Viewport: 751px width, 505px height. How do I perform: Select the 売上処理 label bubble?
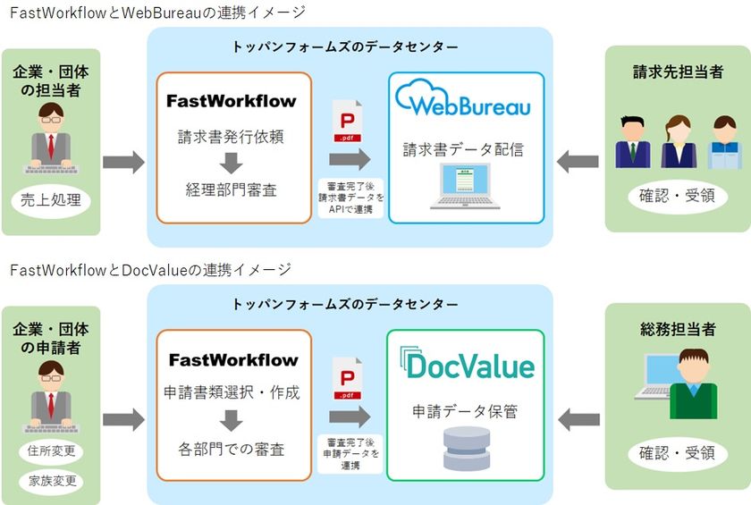point(51,200)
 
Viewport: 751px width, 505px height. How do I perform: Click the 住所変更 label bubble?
point(51,450)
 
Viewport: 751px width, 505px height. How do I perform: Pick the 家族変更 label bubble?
point(51,481)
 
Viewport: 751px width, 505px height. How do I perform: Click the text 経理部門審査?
point(231,189)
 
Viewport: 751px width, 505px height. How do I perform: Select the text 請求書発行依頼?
point(231,137)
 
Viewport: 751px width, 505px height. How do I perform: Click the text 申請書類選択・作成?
point(232,392)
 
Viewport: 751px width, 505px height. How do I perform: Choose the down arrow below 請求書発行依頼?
point(231,163)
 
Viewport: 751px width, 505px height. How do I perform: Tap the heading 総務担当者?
point(676,330)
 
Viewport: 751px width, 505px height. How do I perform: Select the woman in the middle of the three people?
point(676,141)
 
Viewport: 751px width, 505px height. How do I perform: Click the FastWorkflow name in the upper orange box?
point(231,101)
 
